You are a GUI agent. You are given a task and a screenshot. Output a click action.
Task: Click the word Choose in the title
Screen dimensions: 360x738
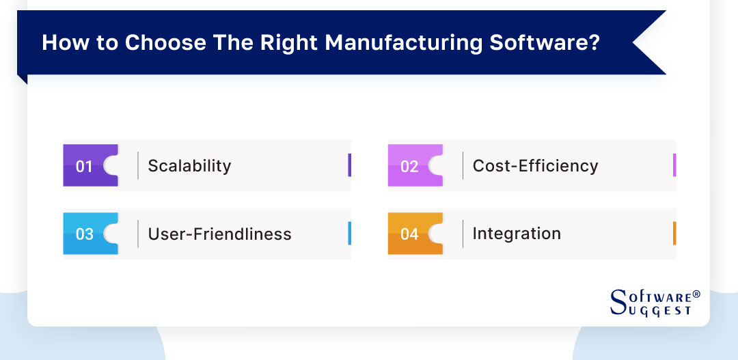158,42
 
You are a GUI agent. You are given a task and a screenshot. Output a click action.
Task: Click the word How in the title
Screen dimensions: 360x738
62,42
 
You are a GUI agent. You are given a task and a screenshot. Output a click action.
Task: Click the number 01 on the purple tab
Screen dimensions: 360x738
84,166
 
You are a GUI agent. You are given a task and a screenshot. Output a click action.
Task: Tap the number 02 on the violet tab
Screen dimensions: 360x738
409,166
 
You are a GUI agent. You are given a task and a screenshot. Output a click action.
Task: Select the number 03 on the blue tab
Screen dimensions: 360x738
84,234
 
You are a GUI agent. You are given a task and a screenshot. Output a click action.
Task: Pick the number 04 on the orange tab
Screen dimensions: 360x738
409,234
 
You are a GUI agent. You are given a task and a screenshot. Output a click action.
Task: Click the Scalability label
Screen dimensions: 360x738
189,166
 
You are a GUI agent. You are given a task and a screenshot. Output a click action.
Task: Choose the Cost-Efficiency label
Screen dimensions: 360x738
535,166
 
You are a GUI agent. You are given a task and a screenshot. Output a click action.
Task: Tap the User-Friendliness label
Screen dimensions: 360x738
219,234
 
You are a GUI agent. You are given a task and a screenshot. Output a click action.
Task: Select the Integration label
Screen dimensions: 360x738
517,234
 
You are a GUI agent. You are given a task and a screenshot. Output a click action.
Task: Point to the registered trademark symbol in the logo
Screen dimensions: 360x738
696,294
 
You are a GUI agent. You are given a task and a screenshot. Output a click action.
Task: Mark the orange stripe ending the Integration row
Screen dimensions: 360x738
674,234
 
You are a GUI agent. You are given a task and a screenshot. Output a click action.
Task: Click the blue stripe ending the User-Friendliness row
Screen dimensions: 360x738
349,234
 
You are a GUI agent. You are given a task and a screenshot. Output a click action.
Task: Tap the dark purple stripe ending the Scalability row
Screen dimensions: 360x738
349,165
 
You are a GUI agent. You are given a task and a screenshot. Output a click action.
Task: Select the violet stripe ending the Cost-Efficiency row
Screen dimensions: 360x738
674,165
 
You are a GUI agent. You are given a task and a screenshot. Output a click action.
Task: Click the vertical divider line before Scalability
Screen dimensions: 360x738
138,165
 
